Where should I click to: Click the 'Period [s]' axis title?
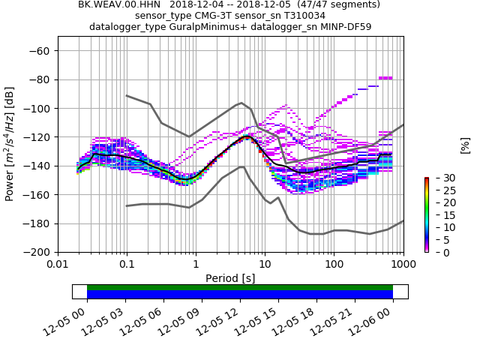230,278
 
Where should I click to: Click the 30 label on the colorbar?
439,178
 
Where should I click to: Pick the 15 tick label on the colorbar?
439,215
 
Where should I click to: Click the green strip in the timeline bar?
240,287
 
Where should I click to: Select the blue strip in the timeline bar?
240,295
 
